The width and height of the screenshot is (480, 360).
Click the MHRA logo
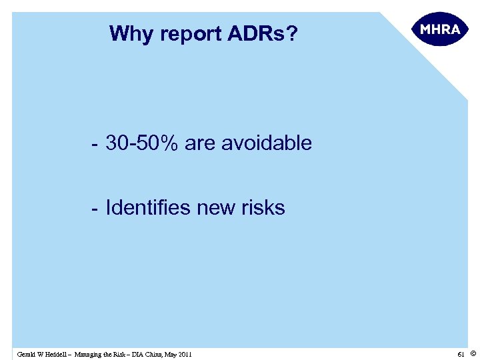437,31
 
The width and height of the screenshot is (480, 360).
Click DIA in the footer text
135,354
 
